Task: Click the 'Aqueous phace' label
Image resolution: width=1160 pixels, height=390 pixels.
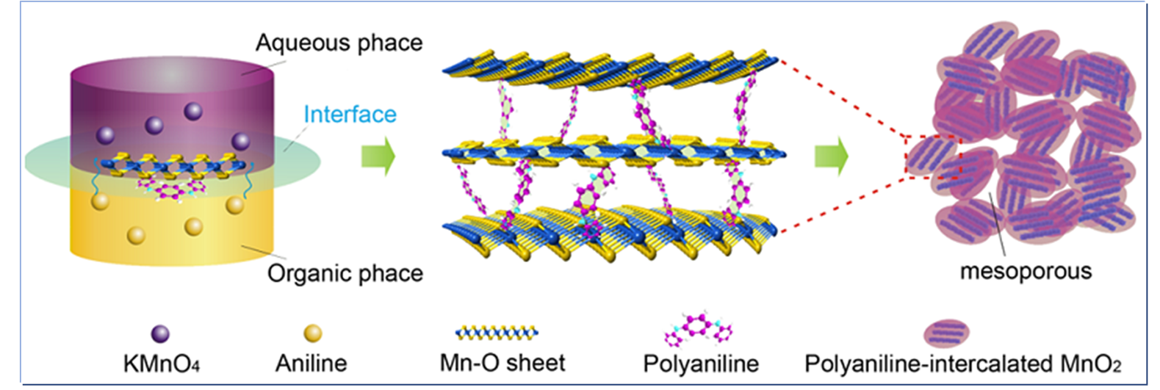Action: (x=339, y=43)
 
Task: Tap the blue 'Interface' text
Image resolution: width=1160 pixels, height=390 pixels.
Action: (x=350, y=115)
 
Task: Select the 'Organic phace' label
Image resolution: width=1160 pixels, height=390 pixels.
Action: (x=345, y=273)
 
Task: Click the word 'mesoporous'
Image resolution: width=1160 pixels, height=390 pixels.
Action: (x=1026, y=271)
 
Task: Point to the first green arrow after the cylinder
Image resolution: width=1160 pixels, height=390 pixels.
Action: (x=378, y=156)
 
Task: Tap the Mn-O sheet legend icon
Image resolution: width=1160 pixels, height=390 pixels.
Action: (x=497, y=333)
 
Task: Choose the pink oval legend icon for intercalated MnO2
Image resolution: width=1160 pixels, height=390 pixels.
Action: (x=946, y=333)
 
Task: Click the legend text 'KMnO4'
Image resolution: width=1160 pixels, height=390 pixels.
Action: (x=162, y=364)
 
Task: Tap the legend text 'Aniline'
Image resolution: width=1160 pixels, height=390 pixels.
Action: (x=311, y=364)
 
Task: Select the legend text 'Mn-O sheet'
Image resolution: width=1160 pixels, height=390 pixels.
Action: (x=502, y=363)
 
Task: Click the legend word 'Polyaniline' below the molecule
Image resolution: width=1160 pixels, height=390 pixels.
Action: (x=700, y=364)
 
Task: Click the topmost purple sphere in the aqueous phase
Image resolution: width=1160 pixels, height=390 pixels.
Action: (x=193, y=112)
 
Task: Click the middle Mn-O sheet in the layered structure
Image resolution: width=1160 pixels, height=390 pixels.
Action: (x=613, y=153)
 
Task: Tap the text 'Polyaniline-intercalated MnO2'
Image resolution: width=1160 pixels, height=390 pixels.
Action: (x=962, y=364)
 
